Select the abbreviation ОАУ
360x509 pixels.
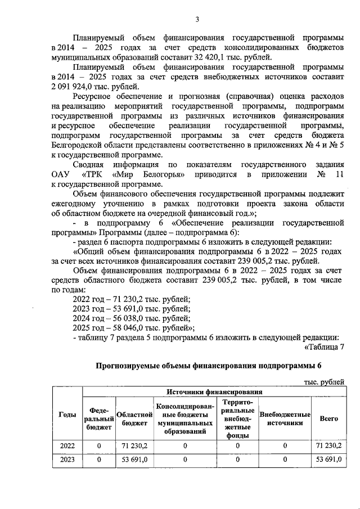coord(61,175)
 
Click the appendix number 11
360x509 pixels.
coord(337,175)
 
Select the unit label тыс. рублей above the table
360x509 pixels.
coord(321,382)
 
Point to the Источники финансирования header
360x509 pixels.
coord(213,392)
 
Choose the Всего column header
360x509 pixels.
coord(328,418)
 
